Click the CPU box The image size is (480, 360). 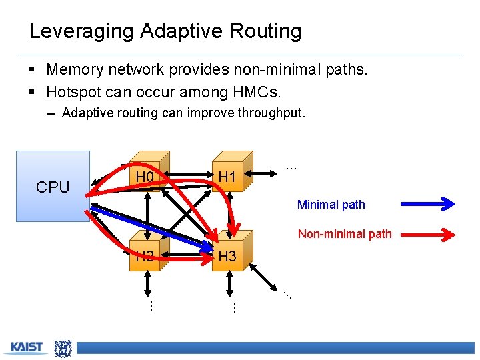click(53, 186)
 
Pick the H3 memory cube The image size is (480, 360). click(228, 255)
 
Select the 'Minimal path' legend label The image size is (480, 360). click(331, 205)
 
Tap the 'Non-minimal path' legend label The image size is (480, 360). click(344, 233)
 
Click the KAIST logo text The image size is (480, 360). click(27, 347)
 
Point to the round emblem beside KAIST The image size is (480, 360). click(63, 347)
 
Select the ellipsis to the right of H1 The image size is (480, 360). click(291, 167)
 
